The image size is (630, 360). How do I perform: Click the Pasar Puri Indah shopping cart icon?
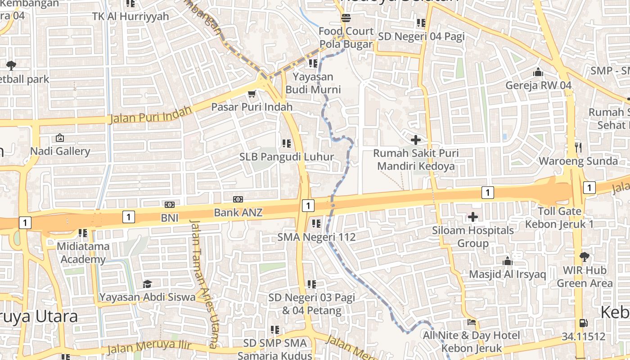pyautogui.click(x=252, y=94)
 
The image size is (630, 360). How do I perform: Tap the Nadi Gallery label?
pyautogui.click(x=60, y=151)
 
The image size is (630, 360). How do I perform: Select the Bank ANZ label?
pyautogui.click(x=238, y=212)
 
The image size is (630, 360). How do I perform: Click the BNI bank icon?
pyautogui.click(x=170, y=205)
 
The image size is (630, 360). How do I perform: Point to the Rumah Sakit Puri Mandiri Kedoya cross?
pyautogui.click(x=416, y=140)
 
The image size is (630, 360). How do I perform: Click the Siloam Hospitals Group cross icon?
pyautogui.click(x=472, y=217)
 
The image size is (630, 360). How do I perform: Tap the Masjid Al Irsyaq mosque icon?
pyautogui.click(x=508, y=261)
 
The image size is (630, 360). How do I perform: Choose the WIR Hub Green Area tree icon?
pyautogui.click(x=584, y=257)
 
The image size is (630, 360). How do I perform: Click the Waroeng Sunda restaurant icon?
pyautogui.click(x=578, y=147)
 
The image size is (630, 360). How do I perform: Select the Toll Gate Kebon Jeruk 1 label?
pyautogui.click(x=560, y=217)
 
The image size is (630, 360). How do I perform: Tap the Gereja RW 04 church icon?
pyautogui.click(x=538, y=72)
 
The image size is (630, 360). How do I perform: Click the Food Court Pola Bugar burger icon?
pyautogui.click(x=346, y=18)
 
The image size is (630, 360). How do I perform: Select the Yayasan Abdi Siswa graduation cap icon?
pyautogui.click(x=147, y=284)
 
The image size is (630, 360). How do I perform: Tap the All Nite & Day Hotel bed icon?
pyautogui.click(x=471, y=322)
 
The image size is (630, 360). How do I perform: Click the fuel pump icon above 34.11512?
pyautogui.click(x=583, y=323)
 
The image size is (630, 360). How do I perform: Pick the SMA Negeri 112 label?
pyautogui.click(x=316, y=237)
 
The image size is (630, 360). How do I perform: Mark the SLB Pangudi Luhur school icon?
pyautogui.click(x=286, y=144)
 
